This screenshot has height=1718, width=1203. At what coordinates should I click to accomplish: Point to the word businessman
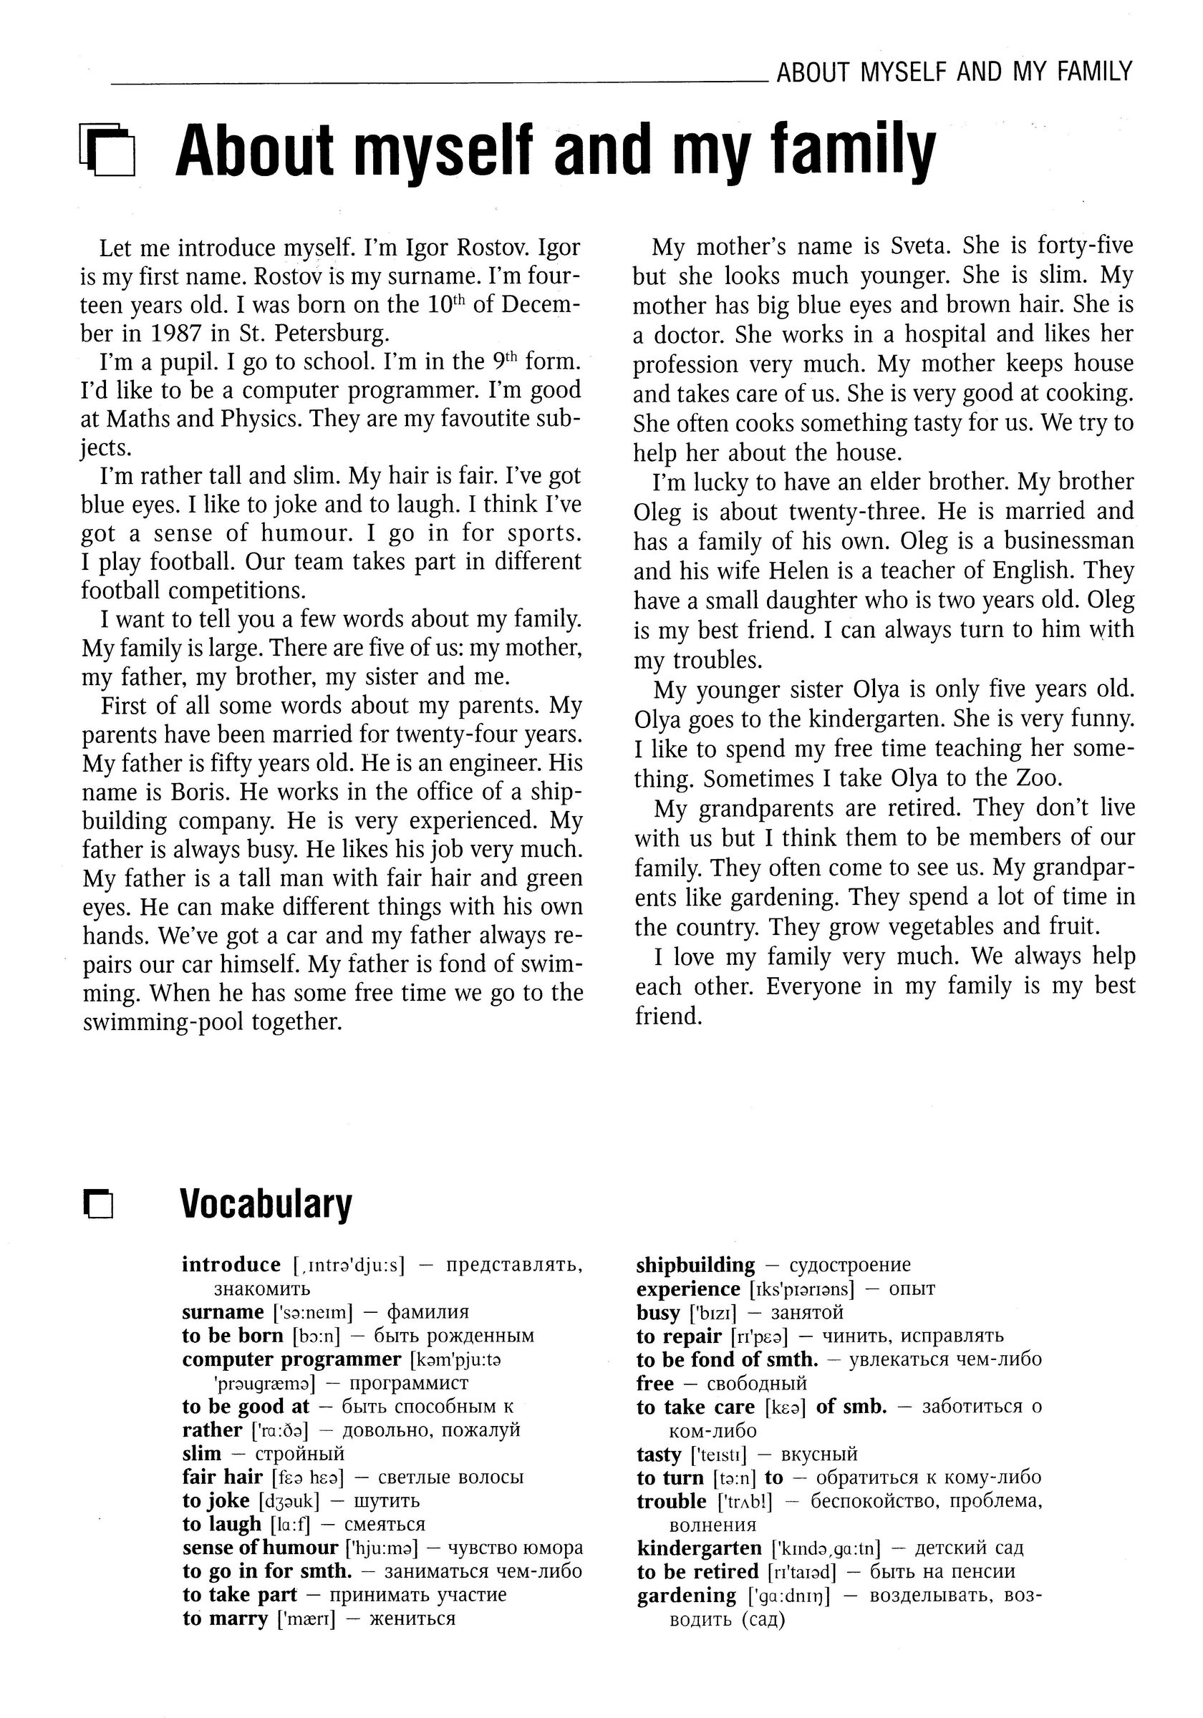pos(1069,540)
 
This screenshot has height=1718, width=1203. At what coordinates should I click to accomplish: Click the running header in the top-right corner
pos(955,72)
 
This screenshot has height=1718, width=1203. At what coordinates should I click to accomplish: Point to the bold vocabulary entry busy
pos(658,1311)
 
